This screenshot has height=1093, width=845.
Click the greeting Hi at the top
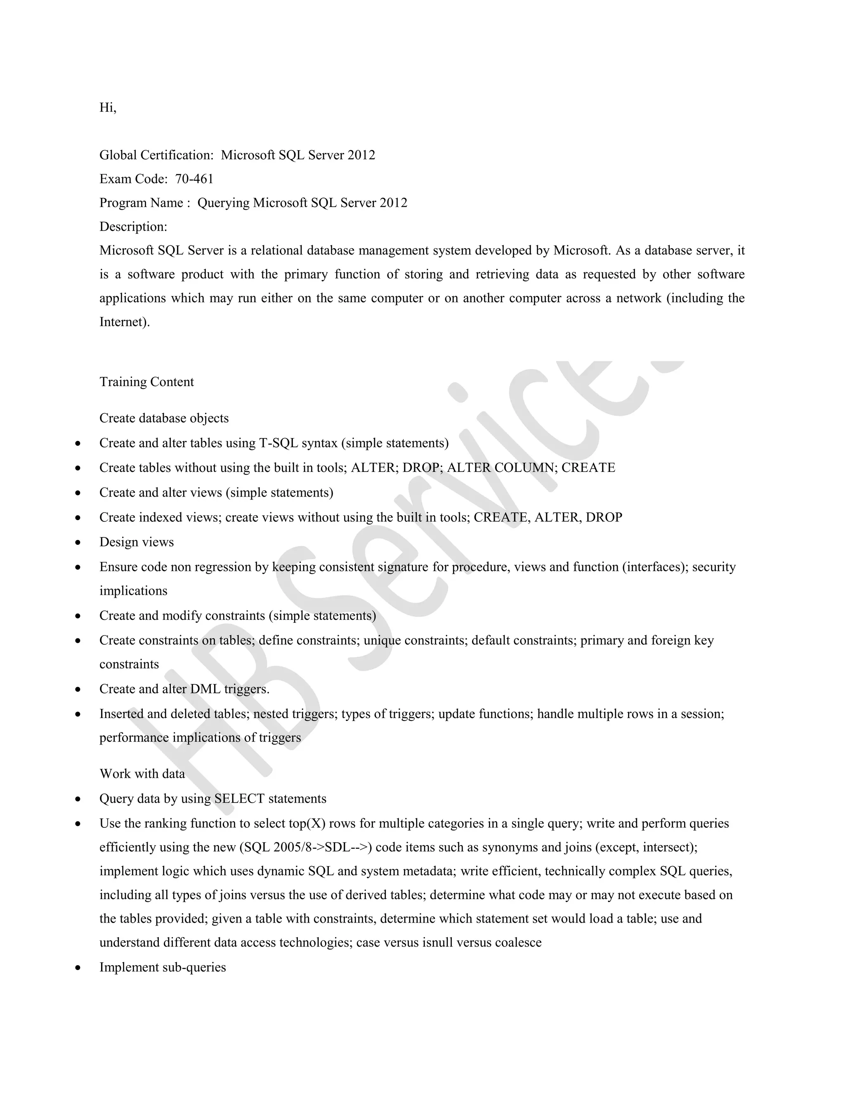(108, 108)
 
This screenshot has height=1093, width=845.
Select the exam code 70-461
(194, 179)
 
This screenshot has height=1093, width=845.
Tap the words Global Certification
(156, 155)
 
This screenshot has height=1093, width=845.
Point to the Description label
(133, 227)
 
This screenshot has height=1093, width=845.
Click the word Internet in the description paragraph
(123, 322)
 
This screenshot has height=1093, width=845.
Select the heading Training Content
(146, 382)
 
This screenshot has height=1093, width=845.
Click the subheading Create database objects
(164, 418)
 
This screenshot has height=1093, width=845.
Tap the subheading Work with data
(142, 774)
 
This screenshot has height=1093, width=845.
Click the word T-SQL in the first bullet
(279, 443)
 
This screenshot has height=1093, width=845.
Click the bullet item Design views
(137, 542)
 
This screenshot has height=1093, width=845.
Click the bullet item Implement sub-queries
(163, 967)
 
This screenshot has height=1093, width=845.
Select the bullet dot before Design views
(78, 542)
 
